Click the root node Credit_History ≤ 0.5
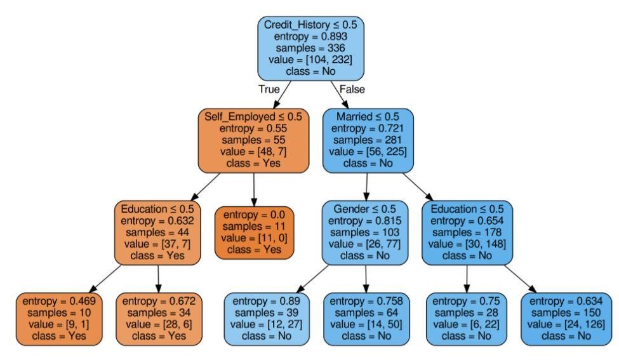point(310,48)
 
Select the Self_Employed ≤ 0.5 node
point(254,140)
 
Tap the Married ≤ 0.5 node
point(368,140)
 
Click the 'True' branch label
point(269,90)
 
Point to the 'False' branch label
point(352,90)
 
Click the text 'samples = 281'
point(368,140)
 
